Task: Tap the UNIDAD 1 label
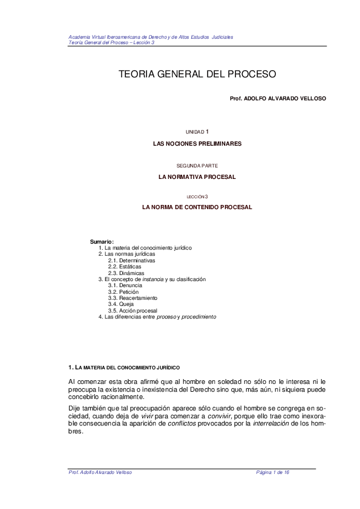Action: tap(197, 131)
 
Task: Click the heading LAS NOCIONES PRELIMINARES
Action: tap(197, 144)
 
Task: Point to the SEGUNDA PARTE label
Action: tap(197, 165)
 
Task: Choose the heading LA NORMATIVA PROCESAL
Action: tap(197, 177)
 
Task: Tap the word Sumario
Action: tap(102, 242)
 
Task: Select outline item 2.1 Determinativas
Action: tap(131, 261)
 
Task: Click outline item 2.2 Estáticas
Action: tap(125, 267)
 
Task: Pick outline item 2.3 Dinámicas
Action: tap(126, 273)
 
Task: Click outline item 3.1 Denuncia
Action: tap(125, 285)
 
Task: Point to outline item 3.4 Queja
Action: tap(121, 304)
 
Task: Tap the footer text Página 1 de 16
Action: tap(273, 472)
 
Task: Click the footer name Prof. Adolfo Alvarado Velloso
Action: tap(100, 472)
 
